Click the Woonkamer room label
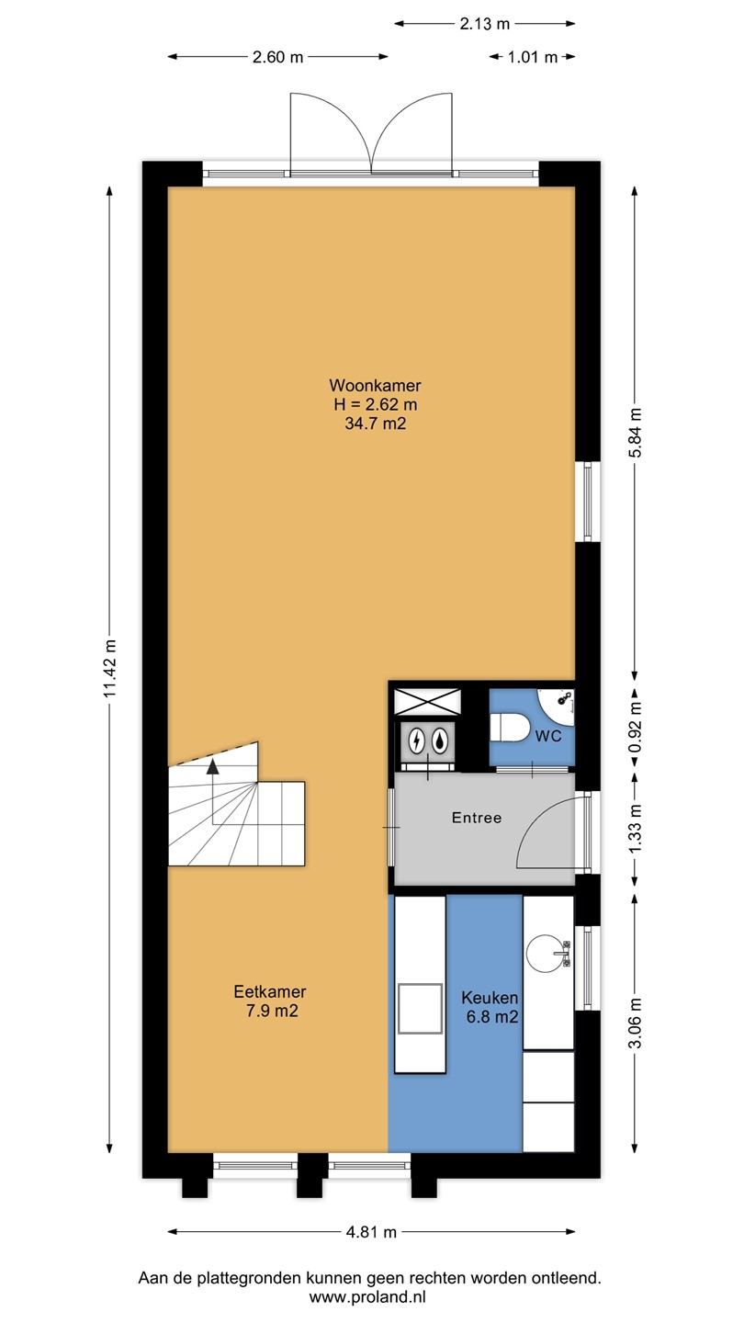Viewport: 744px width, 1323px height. [x=375, y=386]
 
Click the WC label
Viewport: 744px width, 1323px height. [x=548, y=737]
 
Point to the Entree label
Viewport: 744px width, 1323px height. [x=477, y=818]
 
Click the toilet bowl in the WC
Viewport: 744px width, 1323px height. [x=511, y=727]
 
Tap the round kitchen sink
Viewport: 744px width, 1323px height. [x=547, y=953]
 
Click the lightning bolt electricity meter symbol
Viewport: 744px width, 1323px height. [x=417, y=741]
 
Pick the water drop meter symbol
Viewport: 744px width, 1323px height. [x=440, y=741]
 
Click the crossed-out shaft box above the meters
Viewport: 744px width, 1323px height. [x=427, y=702]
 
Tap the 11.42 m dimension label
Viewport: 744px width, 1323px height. [x=110, y=668]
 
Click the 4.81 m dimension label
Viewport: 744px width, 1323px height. [x=371, y=1232]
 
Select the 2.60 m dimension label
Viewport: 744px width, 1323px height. [x=277, y=57]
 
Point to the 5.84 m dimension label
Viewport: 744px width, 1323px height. [x=635, y=433]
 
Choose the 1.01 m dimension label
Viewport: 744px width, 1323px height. [x=533, y=57]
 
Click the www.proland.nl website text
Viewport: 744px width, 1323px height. [x=367, y=1297]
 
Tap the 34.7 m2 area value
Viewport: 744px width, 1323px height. [x=375, y=424]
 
